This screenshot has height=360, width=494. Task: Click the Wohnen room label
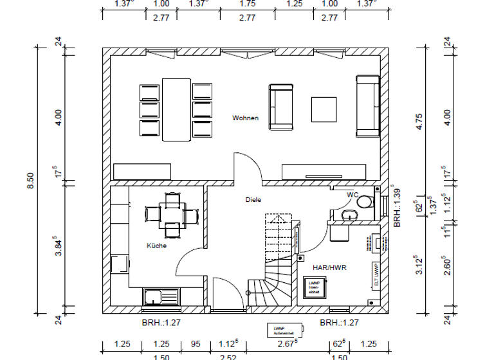pyautogui.click(x=246, y=118)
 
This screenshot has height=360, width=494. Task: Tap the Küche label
pyautogui.click(x=157, y=246)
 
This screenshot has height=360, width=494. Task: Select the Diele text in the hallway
pyautogui.click(x=253, y=200)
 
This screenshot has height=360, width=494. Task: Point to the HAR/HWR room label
pyautogui.click(x=330, y=267)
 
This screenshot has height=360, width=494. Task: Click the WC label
pyautogui.click(x=352, y=194)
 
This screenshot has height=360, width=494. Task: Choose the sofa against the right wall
pyautogui.click(x=368, y=106)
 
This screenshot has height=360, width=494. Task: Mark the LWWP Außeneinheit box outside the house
pyautogui.click(x=282, y=330)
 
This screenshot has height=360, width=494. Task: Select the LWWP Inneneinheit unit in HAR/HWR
pyautogui.click(x=314, y=286)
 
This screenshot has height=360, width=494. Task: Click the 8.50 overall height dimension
pyautogui.click(x=29, y=183)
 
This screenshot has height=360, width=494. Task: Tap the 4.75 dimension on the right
pyautogui.click(x=419, y=122)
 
